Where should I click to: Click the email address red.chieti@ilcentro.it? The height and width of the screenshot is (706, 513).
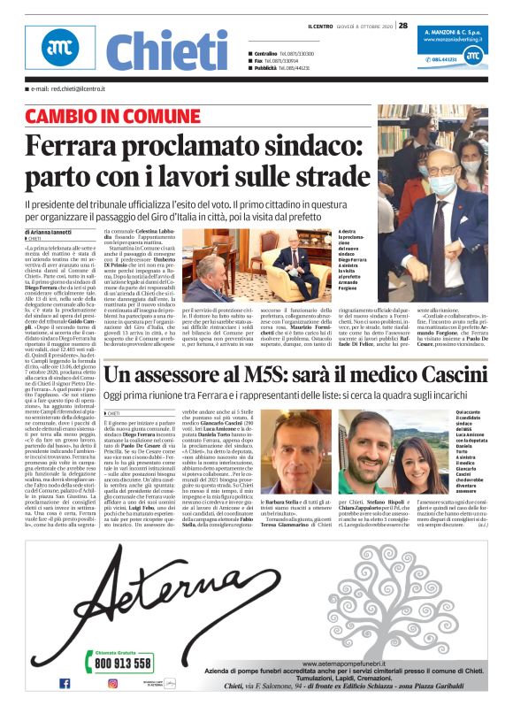[62, 89]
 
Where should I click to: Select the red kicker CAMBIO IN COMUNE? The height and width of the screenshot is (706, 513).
[112, 116]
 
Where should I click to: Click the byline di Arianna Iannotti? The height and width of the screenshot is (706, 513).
[52, 232]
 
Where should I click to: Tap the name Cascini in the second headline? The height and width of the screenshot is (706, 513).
[394, 379]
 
